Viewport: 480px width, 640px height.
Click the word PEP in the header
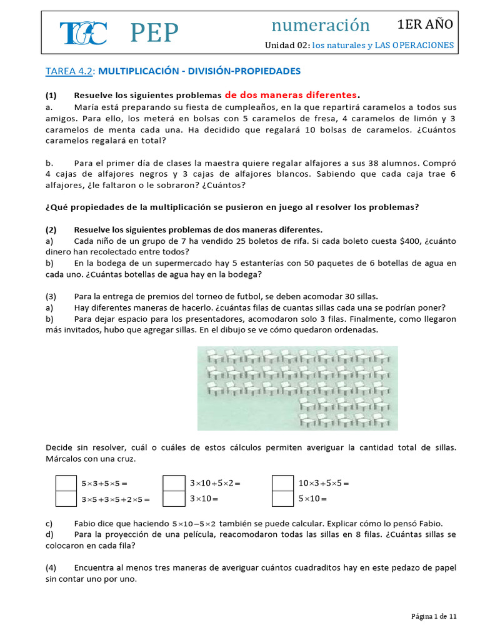coord(154,32)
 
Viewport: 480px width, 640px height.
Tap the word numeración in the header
coord(321,25)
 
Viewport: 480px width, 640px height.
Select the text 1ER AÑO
coord(426,24)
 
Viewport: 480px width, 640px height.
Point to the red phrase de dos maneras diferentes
coord(291,95)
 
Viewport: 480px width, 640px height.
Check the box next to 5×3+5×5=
coord(64,483)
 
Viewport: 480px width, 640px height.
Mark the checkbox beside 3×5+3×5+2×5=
coord(64,499)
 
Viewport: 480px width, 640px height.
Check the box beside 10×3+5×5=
coord(282,483)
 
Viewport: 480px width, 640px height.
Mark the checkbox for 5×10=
coord(282,499)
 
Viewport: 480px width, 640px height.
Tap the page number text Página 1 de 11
coord(434,616)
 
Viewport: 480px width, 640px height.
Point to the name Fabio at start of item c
coord(86,523)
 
